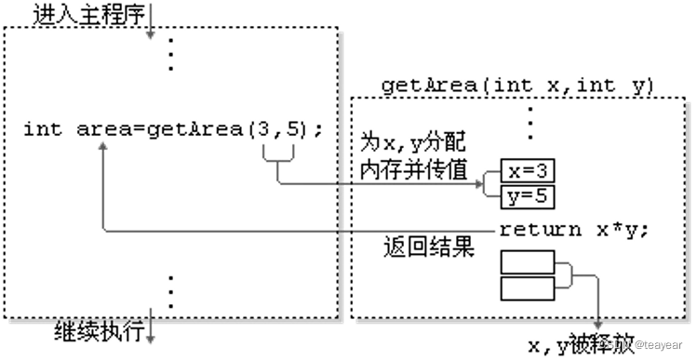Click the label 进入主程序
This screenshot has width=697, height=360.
pos(84,14)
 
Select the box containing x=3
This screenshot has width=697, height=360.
pos(527,170)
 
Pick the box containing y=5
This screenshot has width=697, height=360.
pos(527,195)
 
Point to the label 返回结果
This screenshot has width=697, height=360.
pos(429,248)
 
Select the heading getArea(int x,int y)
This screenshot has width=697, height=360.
pos(518,87)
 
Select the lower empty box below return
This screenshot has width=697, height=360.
pos(527,287)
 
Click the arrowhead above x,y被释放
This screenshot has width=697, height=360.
pos(596,321)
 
